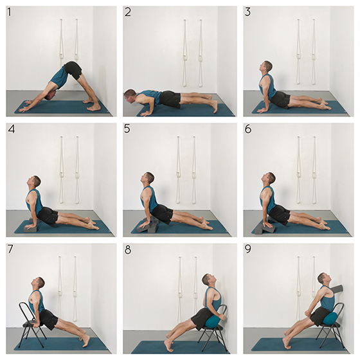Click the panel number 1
[10, 12]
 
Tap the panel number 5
[127, 129]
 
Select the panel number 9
[248, 249]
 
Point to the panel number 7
[10, 249]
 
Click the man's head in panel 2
[130, 95]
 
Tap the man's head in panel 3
[265, 67]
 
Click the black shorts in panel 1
[73, 69]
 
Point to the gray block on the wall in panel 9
[336, 289]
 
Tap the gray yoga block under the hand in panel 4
[30, 229]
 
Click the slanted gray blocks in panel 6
[264, 227]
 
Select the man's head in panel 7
[38, 283]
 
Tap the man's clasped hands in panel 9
[308, 314]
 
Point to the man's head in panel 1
[51, 95]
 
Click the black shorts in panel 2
[170, 99]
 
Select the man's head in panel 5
[147, 178]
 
